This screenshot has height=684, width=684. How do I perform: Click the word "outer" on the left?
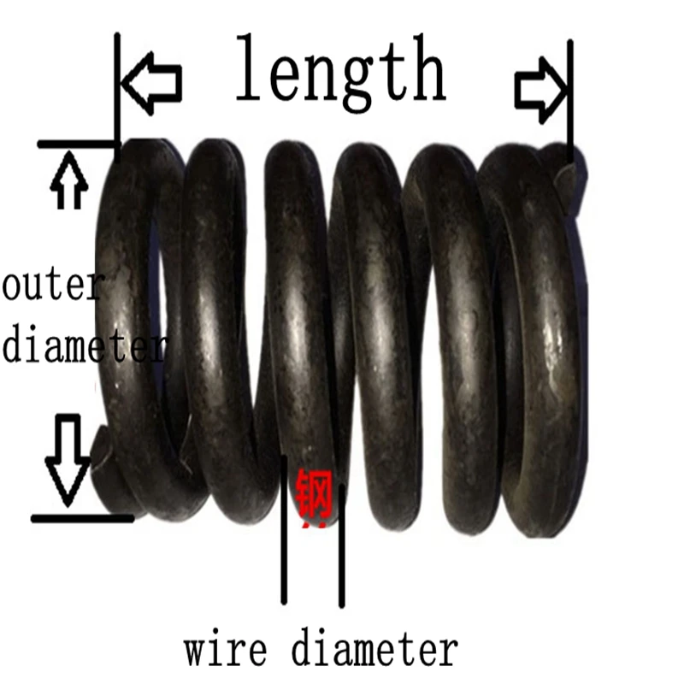click(x=53, y=287)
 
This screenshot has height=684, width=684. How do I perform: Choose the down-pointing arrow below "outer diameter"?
click(x=68, y=457)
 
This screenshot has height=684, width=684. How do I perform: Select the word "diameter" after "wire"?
click(x=374, y=650)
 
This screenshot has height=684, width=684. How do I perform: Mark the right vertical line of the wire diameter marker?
click(x=341, y=547)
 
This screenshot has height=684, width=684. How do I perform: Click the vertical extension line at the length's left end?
click(x=117, y=85)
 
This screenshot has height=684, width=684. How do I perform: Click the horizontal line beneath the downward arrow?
click(x=81, y=518)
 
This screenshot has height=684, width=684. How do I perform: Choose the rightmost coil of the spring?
click(x=539, y=342)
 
